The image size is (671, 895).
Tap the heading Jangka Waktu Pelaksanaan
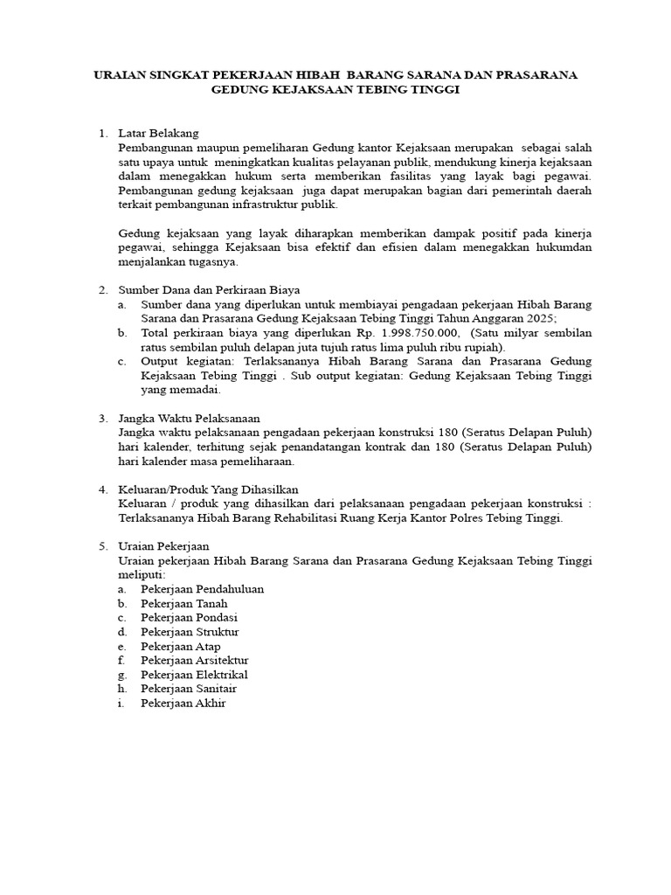pyautogui.click(x=189, y=419)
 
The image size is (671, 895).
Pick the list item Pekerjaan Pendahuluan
pyautogui.click(x=202, y=589)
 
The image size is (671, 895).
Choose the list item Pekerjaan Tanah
pyautogui.click(x=183, y=603)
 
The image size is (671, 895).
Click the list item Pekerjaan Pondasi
pyautogui.click(x=189, y=617)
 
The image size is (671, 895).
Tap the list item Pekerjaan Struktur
pyautogui.click(x=190, y=632)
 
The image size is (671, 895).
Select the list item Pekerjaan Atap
pyautogui.click(x=181, y=646)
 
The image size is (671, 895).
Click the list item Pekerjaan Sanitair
pyautogui.click(x=190, y=689)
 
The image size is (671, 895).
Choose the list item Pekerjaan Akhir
pyautogui.click(x=183, y=704)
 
